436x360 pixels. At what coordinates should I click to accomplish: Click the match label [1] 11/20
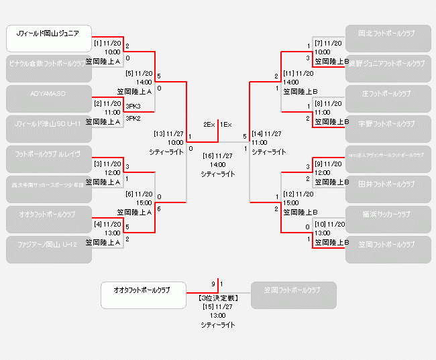click(107, 43)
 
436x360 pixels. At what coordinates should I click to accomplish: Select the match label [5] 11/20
click(140, 73)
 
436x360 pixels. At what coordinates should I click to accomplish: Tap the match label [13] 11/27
click(168, 133)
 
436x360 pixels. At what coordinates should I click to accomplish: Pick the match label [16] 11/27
click(217, 156)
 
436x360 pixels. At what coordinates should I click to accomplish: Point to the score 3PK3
click(133, 106)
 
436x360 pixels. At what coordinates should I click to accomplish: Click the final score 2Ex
click(209, 125)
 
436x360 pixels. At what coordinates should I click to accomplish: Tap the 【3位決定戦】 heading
click(217, 296)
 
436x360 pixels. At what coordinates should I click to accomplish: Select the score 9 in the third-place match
click(213, 284)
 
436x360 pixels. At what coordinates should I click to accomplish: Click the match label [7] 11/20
click(328, 43)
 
